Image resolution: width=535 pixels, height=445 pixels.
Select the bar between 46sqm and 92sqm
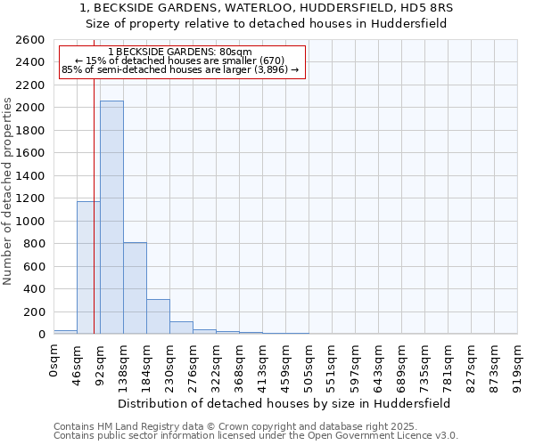pos(88,267)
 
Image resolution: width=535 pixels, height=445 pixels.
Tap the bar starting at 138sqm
pos(135,288)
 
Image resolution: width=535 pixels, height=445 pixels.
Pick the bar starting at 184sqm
pos(158,317)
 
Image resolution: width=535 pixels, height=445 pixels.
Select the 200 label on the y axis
pos(35,311)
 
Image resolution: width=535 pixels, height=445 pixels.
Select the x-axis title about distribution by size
pos(284,403)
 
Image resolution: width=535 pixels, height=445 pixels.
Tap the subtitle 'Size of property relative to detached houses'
pos(267,24)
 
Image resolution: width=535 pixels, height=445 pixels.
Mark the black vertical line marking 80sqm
pos(94,222)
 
